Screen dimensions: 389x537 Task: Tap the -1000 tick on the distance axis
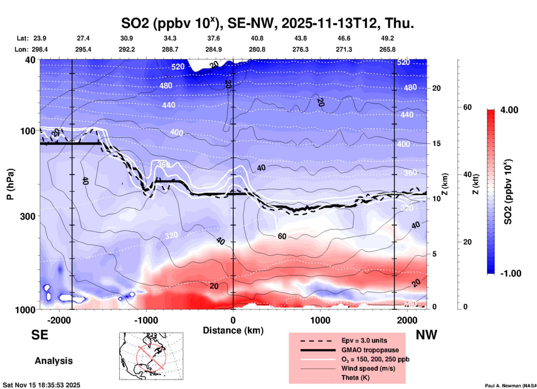146,320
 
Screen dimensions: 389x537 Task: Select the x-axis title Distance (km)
233,330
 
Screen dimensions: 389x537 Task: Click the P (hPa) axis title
10,184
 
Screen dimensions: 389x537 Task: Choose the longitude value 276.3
300,49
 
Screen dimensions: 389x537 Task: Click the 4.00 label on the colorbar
509,110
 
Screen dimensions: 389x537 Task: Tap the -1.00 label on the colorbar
511,273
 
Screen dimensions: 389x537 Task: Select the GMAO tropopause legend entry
370,350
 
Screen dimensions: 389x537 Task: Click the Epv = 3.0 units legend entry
364,340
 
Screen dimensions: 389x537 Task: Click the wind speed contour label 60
282,236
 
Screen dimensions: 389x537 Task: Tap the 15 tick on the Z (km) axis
436,143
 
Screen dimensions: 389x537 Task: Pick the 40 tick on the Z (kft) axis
467,174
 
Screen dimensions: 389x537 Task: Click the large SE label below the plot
40,335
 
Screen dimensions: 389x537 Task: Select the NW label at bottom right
426,335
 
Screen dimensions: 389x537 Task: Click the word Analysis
54,361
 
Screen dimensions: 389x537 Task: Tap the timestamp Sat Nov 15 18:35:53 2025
42,385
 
